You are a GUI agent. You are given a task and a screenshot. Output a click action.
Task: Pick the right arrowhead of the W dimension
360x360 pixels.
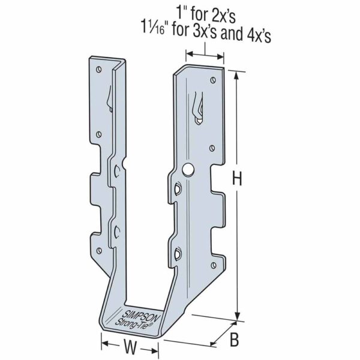click(157, 346)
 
